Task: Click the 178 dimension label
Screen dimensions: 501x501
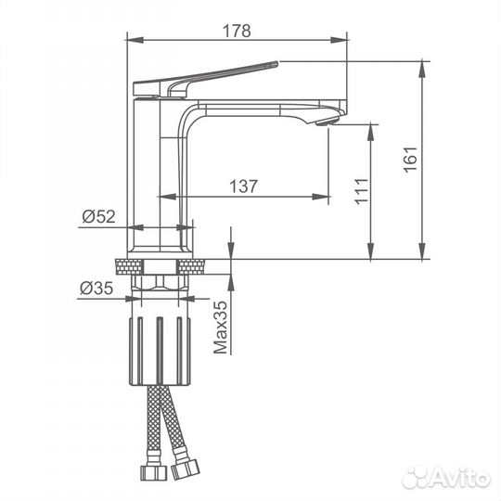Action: point(237,31)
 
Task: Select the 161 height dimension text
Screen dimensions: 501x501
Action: point(410,160)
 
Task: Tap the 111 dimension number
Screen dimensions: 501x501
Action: point(362,191)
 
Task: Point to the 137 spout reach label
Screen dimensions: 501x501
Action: point(243,186)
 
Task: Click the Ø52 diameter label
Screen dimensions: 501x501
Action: point(98,216)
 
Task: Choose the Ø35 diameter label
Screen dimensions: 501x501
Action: point(96,289)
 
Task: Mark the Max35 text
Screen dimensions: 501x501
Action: point(221,328)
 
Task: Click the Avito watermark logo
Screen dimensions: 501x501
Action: point(446,478)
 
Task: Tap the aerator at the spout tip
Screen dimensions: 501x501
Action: point(328,122)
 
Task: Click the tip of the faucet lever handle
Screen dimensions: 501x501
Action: point(277,63)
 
